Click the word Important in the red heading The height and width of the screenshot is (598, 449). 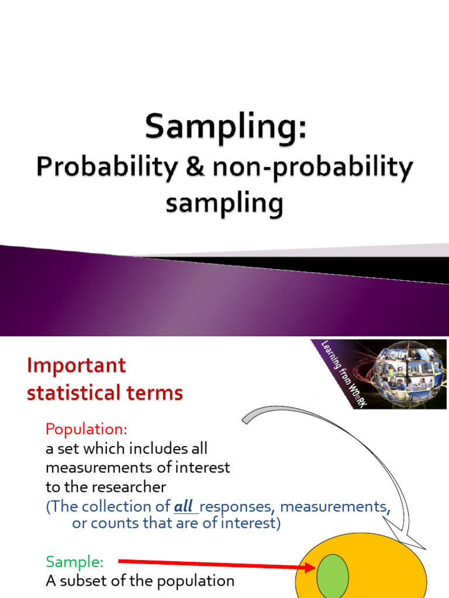tap(76, 366)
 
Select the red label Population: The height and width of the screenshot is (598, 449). tap(86, 429)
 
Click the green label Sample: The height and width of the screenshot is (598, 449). tap(74, 562)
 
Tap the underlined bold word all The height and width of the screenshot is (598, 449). tap(184, 506)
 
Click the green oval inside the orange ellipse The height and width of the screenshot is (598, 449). tap(332, 576)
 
